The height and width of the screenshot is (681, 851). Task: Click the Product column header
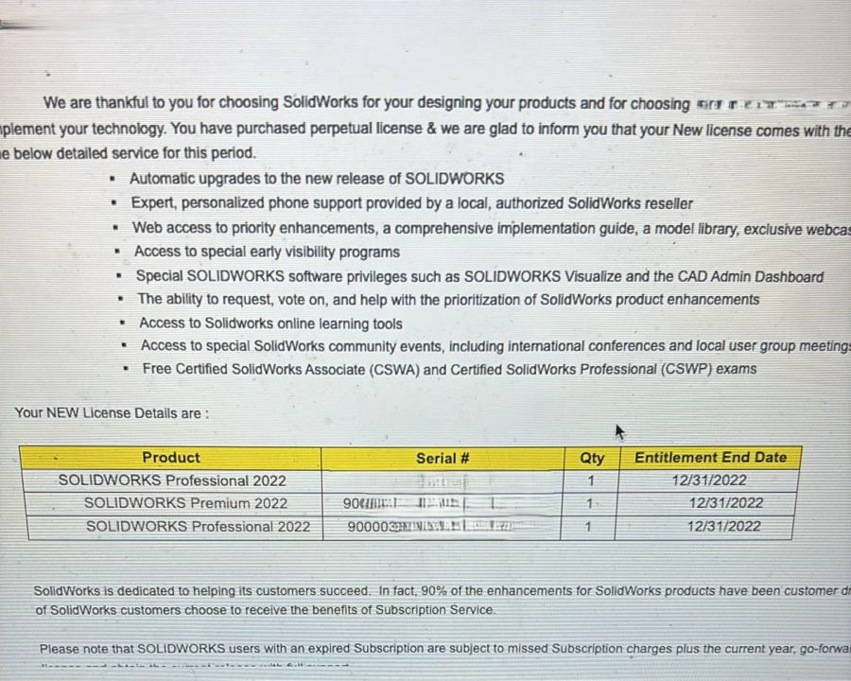tap(171, 458)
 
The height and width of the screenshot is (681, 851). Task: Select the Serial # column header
tap(443, 458)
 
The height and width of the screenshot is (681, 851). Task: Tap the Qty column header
tap(592, 458)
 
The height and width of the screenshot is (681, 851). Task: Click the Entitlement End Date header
tap(710, 458)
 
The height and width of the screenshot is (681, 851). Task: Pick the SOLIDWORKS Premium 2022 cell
tap(185, 503)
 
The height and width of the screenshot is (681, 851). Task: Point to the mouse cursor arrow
tap(620, 432)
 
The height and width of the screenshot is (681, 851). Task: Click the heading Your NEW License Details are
tap(112, 413)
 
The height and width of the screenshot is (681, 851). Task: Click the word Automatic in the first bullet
tap(162, 178)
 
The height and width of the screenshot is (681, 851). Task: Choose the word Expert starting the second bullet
tap(153, 202)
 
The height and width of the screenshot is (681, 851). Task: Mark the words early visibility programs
tap(319, 252)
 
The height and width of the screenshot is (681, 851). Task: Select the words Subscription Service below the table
tap(434, 610)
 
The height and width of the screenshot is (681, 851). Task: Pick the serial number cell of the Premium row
tap(441, 503)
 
